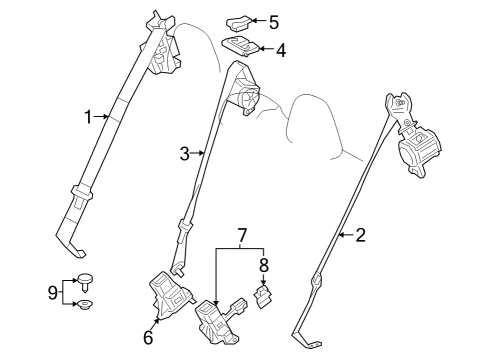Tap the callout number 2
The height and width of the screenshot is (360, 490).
point(361,236)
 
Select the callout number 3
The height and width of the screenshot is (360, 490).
point(185,153)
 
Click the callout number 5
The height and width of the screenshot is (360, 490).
point(273,20)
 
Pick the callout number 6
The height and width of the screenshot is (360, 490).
point(148,337)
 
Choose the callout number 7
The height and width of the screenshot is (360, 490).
point(241,236)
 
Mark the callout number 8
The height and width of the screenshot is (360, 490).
point(265,266)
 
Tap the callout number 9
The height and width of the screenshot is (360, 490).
point(53,293)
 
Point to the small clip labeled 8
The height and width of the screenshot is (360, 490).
point(265,296)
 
